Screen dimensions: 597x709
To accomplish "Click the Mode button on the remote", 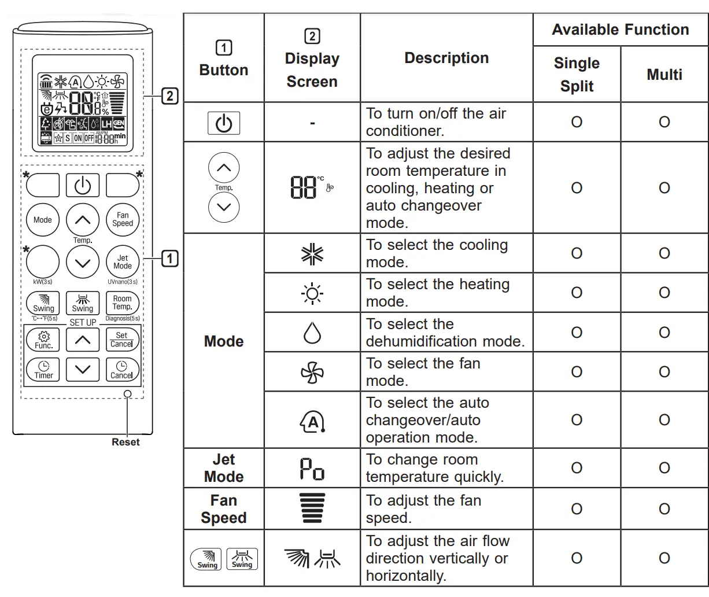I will [x=42, y=220].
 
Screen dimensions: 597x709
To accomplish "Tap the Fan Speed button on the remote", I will [x=123, y=220].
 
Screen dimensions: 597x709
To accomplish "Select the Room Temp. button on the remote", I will [x=122, y=303].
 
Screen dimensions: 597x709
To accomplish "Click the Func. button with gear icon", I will [x=43, y=340].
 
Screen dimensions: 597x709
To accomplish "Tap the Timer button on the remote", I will [x=43, y=370].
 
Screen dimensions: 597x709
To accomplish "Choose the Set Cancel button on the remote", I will [x=122, y=340].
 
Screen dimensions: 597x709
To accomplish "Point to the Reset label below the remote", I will [x=125, y=442].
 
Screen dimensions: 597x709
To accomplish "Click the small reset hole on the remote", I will [x=128, y=394].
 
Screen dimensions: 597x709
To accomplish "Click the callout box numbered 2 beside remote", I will [x=169, y=95].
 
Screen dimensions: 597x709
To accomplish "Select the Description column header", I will [x=446, y=58].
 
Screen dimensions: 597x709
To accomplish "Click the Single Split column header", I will [x=577, y=74].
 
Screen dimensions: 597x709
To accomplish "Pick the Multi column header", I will [x=664, y=74].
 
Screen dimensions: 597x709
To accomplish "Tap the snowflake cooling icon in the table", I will [x=312, y=253].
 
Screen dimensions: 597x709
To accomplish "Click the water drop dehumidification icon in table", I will [x=312, y=332].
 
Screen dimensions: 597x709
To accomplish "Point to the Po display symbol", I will [x=312, y=468].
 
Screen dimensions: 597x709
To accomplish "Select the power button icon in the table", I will [x=224, y=123].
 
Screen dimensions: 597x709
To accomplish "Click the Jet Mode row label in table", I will [x=224, y=468].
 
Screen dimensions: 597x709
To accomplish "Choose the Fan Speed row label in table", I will [x=224, y=509].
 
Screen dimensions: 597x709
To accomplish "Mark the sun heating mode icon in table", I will [x=312, y=293].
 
